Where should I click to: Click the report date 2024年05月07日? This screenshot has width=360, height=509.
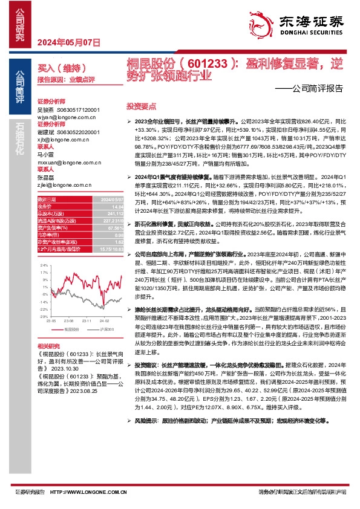point(68,42)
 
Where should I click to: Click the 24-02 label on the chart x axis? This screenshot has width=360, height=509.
point(105,321)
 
